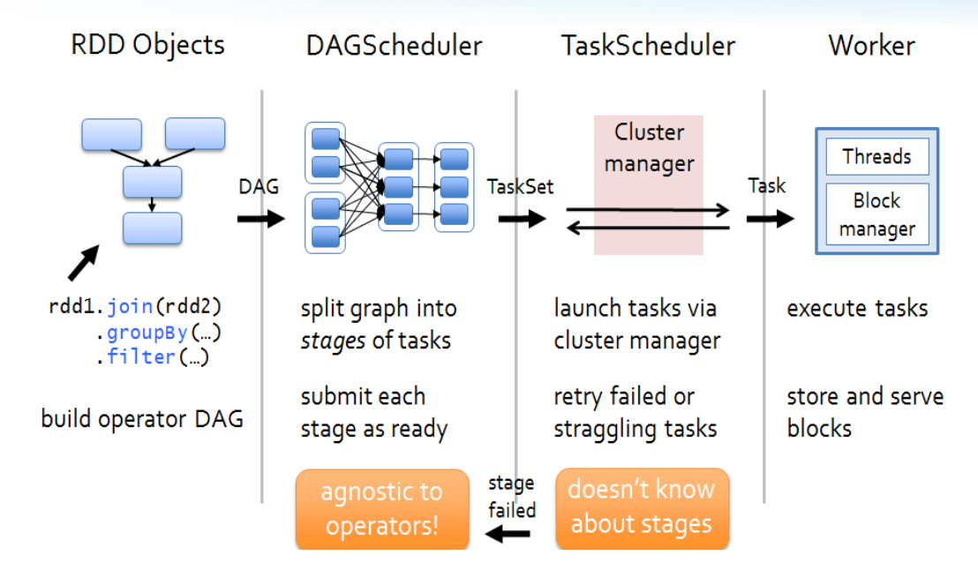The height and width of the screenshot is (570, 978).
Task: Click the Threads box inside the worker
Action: pyautogui.click(x=876, y=157)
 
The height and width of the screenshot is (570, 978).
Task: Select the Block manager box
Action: pyautogui.click(x=876, y=214)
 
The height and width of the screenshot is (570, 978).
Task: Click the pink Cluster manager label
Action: pyautogui.click(x=649, y=147)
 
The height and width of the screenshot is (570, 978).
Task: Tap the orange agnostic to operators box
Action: pyautogui.click(x=382, y=509)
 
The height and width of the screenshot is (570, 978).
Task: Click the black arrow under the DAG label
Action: pyautogui.click(x=261, y=218)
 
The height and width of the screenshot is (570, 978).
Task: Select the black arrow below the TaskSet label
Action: pyautogui.click(x=523, y=218)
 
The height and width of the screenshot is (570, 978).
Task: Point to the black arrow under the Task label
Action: pyautogui.click(x=770, y=217)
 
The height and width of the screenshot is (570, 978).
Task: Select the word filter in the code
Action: pyautogui.click(x=141, y=357)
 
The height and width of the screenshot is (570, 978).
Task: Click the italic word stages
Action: pyautogui.click(x=333, y=340)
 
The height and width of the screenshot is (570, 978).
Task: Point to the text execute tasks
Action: pyautogui.click(x=857, y=308)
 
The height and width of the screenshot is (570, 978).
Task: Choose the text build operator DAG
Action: pyautogui.click(x=142, y=417)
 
